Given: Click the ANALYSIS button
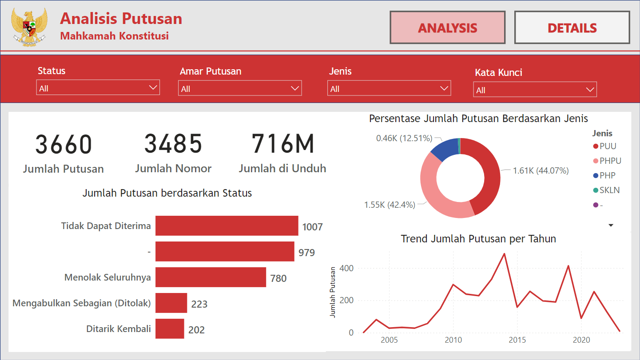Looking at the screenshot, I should (447, 28).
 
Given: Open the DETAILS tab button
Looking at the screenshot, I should (572, 28).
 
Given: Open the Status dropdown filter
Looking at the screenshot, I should (98, 88).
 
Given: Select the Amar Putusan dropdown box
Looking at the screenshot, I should (240, 88).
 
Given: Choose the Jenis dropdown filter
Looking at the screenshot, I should (389, 88).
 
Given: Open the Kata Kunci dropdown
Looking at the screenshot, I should (535, 90).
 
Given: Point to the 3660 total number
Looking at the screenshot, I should (64, 144).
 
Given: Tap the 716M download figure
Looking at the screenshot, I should (283, 144).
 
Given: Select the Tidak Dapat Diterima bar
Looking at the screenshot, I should (227, 226).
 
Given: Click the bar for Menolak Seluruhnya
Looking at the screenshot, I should (211, 277).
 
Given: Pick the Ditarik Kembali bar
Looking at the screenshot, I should (170, 329).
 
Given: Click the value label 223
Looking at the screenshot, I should (199, 304).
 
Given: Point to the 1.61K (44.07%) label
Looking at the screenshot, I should (541, 170).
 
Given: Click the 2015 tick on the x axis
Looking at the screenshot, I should (517, 340).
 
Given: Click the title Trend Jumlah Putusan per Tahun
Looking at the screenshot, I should (478, 239).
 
